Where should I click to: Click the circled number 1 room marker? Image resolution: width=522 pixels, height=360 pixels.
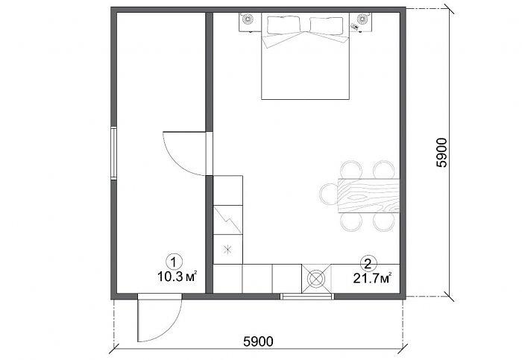[x=174, y=262]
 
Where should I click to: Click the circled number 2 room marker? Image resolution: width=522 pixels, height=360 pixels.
[x=368, y=264]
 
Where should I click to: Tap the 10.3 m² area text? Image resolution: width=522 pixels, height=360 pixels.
[x=177, y=277]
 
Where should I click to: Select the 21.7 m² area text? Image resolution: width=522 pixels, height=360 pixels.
[x=372, y=278]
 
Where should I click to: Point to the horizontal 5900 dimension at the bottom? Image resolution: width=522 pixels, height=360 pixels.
[x=258, y=341]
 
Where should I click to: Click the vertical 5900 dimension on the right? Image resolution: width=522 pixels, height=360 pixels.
[x=442, y=152]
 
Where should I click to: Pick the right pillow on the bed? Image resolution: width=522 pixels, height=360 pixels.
[x=327, y=25]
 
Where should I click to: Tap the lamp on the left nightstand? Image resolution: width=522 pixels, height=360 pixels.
[x=248, y=19]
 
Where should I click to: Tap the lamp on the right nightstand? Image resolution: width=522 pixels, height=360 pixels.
[x=362, y=19]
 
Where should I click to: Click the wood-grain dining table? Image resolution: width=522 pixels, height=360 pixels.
[x=369, y=195]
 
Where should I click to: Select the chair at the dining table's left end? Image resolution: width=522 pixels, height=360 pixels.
[x=329, y=194]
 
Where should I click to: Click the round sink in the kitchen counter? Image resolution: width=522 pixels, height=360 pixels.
[x=316, y=279]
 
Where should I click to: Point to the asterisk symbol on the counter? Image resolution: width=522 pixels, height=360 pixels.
[x=227, y=249]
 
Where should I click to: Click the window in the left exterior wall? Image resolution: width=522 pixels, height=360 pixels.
[x=114, y=154]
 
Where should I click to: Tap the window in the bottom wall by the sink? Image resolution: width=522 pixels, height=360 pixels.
[x=307, y=296]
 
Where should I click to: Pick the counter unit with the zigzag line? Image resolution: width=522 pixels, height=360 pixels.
[x=227, y=220]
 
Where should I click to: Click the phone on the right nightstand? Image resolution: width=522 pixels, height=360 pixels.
[x=355, y=26]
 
